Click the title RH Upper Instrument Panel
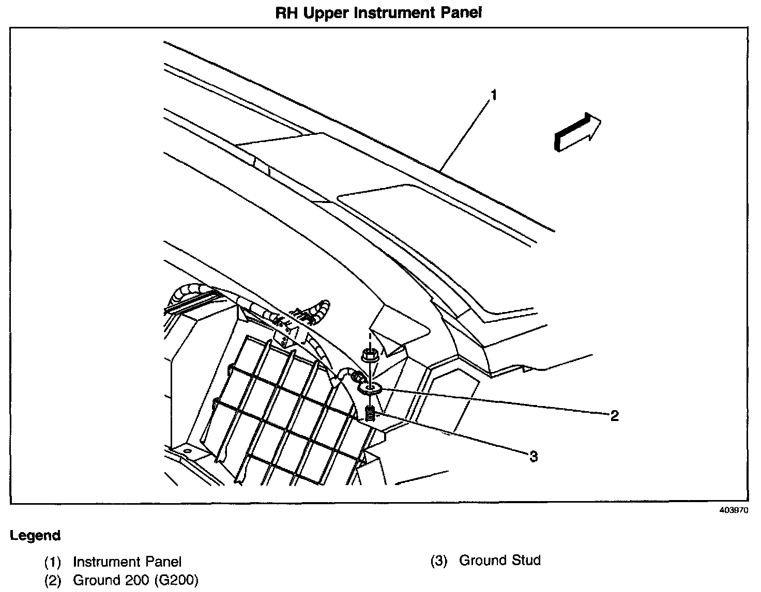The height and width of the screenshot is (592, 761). point(378,13)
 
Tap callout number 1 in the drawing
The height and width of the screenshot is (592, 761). point(494,96)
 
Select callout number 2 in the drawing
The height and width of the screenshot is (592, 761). point(614,415)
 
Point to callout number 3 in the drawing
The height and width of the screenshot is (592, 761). point(533,456)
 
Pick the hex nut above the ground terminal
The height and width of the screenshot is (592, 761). point(368,355)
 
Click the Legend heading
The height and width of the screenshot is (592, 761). point(35,536)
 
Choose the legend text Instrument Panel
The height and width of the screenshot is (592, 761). point(127,562)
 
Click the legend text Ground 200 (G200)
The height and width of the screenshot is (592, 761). point(135,581)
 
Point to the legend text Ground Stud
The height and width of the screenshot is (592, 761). point(499,560)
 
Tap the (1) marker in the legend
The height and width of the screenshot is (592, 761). point(53,562)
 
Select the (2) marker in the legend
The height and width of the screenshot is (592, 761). point(53,581)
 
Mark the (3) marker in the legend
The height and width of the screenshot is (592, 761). point(438,561)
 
